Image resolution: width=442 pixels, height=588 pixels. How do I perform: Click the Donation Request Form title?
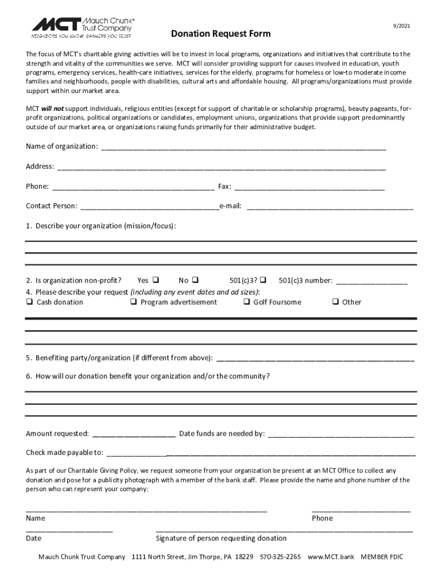pos(221,34)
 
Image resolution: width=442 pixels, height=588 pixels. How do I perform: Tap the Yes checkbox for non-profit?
pos(156,280)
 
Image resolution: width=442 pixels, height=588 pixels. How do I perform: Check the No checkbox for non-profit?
pos(195,280)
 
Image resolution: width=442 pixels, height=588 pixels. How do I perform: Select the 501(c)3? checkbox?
pos(262,280)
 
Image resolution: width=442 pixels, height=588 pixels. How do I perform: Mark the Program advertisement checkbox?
pos(133,302)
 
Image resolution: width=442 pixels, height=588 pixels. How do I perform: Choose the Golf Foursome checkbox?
pos(246,302)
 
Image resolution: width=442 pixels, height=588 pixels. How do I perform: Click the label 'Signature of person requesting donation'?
pos(221,538)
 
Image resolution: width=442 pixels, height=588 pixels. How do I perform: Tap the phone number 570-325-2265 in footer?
pos(280,557)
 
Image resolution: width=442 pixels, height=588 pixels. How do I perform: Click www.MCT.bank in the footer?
pos(331,557)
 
